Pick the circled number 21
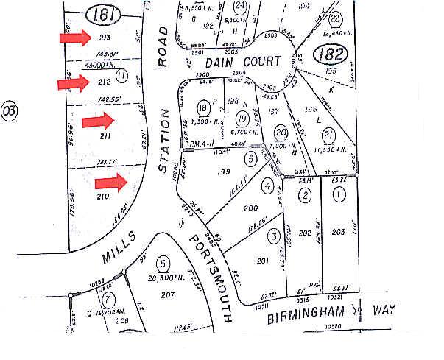[x=328, y=135]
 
